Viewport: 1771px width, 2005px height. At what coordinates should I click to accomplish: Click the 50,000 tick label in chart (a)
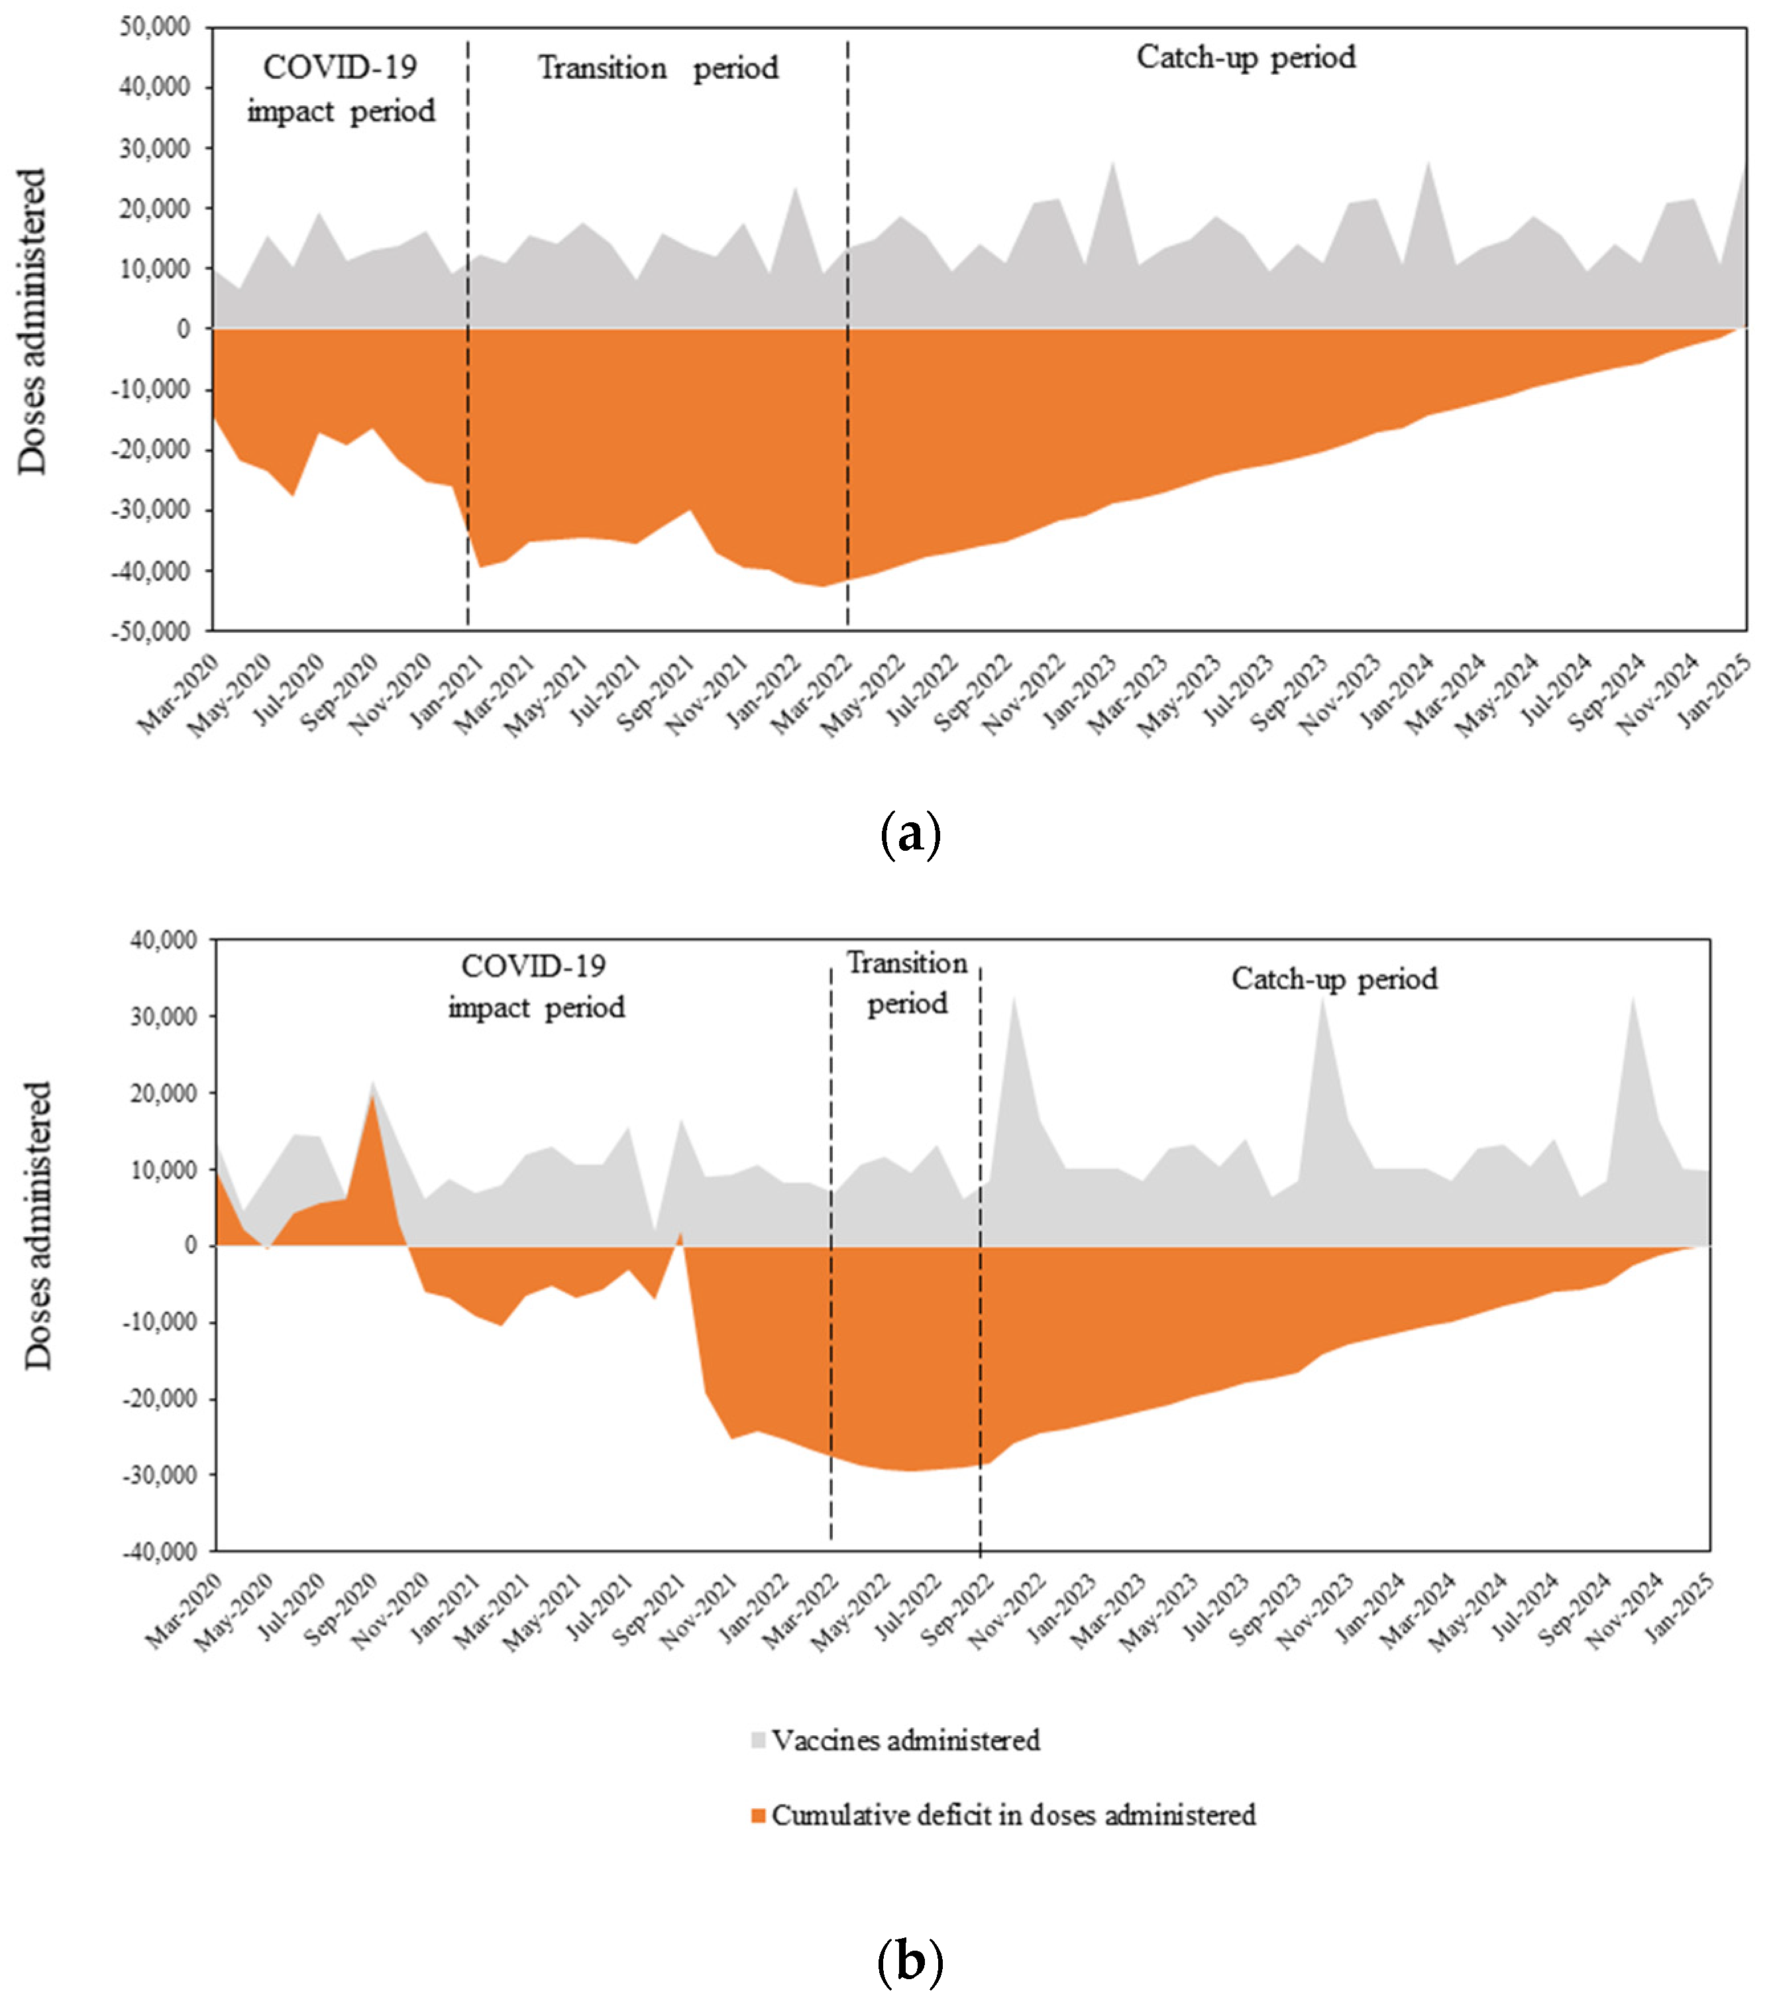point(155,27)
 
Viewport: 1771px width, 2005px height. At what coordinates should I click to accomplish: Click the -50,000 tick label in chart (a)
point(151,631)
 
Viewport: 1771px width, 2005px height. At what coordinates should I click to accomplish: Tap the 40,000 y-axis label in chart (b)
point(163,940)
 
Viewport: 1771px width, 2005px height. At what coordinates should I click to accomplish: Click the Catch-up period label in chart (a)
point(1246,57)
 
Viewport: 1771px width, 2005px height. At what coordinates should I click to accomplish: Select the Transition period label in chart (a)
point(658,68)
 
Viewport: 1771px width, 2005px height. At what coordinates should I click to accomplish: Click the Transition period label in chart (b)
point(907,983)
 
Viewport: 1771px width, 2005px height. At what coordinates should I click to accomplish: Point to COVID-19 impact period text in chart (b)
point(535,986)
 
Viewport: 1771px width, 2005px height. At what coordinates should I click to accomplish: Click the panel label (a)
point(911,835)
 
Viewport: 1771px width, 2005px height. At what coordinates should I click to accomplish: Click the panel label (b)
point(911,1961)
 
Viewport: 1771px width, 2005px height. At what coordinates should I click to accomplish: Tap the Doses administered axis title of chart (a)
point(32,322)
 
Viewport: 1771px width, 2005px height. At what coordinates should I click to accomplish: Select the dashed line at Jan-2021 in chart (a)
point(468,333)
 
